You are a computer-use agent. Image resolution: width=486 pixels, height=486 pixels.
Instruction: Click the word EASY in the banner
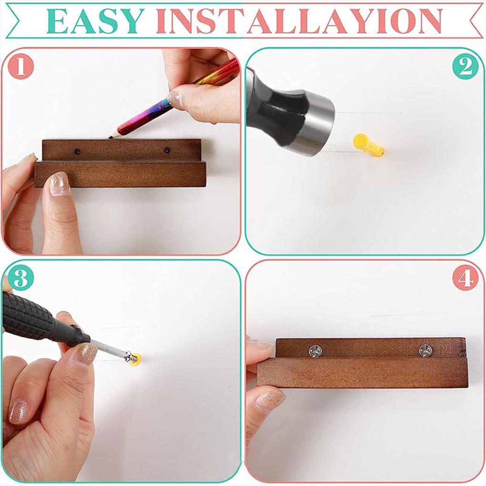pyautogui.click(x=95, y=21)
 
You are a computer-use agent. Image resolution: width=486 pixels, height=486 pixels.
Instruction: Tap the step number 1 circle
pyautogui.click(x=20, y=66)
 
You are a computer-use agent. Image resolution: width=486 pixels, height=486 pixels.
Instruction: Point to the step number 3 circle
pyautogui.click(x=20, y=278)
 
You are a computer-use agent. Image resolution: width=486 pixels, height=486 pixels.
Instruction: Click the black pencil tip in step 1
pyautogui.click(x=111, y=136)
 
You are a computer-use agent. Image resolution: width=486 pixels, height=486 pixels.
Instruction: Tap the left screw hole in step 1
pyautogui.click(x=77, y=151)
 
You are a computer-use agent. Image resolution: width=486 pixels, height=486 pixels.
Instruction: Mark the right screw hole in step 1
pyautogui.click(x=167, y=151)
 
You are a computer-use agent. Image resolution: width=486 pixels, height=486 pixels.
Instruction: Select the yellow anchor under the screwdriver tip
pyautogui.click(x=135, y=358)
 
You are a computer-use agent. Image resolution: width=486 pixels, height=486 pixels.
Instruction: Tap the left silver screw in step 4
pyautogui.click(x=316, y=351)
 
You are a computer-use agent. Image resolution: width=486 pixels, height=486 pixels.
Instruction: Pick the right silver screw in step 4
pyautogui.click(x=425, y=351)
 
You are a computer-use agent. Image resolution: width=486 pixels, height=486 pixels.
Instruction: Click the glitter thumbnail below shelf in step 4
pyautogui.click(x=269, y=400)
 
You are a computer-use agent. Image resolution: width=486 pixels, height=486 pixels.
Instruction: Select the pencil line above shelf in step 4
pyautogui.click(x=409, y=314)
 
